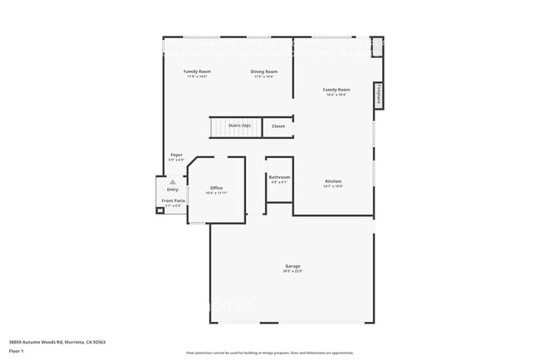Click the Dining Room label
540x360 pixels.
coord(264,72)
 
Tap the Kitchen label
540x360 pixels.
coord(332,181)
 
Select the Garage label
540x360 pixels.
coord(292,266)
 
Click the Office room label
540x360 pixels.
coord(216,188)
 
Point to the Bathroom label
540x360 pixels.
coord(279,177)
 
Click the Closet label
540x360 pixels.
coord(278,126)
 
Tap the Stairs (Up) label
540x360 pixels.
coord(240,126)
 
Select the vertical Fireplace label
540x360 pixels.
coord(379,95)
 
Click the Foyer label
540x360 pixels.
coord(176,155)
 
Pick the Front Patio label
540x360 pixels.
coord(174,200)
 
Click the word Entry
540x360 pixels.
coord(173,190)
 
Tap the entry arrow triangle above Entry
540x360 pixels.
coord(173,182)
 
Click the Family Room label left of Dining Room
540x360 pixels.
coord(197,72)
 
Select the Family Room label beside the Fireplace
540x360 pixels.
coord(336,90)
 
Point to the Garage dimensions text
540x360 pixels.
coord(292,271)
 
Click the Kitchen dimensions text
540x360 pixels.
coord(332,186)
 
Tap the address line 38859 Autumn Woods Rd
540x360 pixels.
coord(56,342)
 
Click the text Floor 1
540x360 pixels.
coord(17,351)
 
